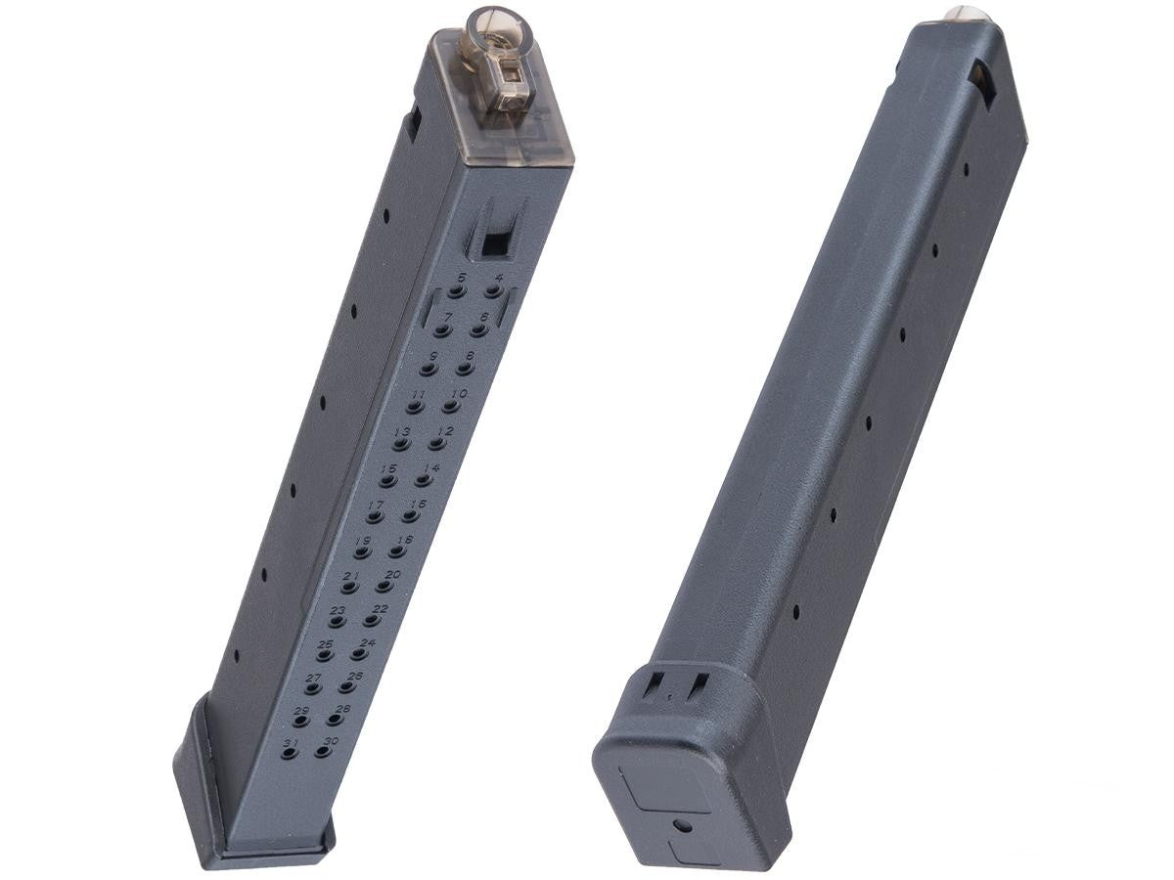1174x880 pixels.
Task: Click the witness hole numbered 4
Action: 492,292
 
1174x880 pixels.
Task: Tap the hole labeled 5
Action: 455,292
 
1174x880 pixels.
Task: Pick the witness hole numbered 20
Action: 384,588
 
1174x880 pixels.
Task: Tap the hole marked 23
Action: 336,622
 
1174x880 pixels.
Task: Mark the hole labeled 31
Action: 289,754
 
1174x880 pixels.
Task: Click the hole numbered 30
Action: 322,753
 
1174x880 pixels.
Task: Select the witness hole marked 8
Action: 463,370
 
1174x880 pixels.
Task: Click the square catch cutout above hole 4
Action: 495,242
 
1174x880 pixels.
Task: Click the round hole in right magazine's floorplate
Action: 683,826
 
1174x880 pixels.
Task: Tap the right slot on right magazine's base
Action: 698,686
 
